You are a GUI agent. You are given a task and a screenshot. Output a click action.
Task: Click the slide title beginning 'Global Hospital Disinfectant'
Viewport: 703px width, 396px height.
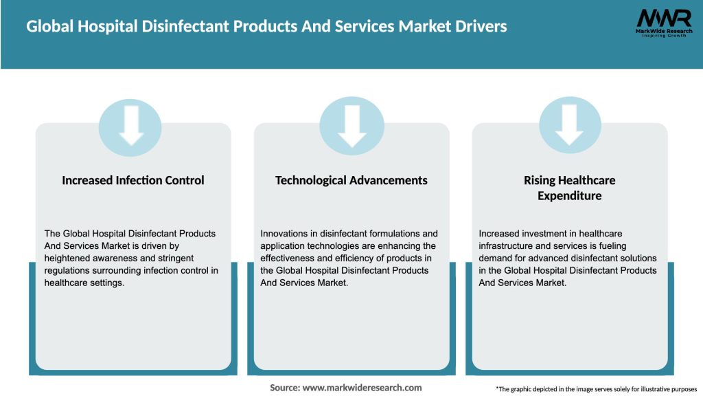(x=266, y=27)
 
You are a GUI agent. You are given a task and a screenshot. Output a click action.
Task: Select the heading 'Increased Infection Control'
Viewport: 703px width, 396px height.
(x=133, y=181)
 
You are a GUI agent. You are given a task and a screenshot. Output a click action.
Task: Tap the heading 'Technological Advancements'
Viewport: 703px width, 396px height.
(x=351, y=181)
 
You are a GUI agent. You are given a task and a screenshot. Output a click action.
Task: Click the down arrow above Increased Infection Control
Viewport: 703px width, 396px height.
(x=130, y=126)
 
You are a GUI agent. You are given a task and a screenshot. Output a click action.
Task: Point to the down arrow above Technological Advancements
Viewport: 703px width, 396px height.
(x=351, y=126)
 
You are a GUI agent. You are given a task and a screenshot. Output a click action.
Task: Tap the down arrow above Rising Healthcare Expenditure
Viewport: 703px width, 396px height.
(x=570, y=126)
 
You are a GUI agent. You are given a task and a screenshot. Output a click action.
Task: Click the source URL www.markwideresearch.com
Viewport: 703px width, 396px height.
(x=362, y=388)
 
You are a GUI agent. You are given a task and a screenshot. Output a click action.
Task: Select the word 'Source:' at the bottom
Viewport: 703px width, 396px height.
(x=285, y=388)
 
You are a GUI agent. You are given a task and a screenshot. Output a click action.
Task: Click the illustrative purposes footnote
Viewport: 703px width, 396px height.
(x=596, y=389)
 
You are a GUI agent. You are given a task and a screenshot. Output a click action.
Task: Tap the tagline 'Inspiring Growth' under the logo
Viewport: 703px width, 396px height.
(x=663, y=35)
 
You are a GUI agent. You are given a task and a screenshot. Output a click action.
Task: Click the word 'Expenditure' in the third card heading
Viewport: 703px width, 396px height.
(x=569, y=196)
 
